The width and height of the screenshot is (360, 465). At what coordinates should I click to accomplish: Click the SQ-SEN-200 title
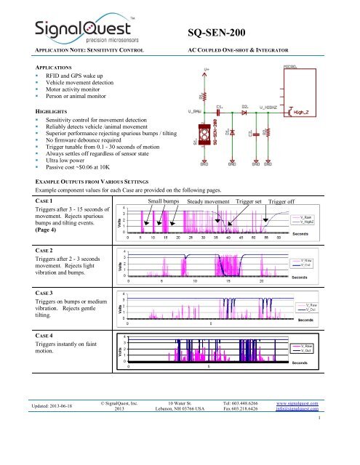point(226,33)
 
